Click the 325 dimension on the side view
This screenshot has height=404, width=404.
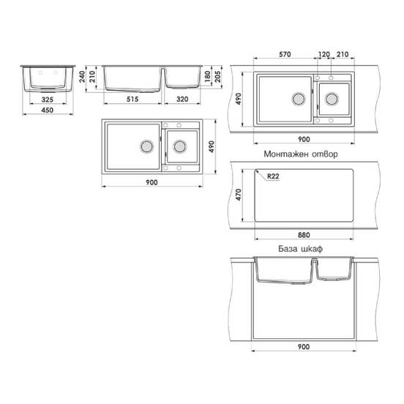pyautogui.click(x=48, y=100)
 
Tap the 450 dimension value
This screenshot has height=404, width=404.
pyautogui.click(x=48, y=110)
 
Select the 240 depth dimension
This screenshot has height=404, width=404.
pyautogui.click(x=82, y=77)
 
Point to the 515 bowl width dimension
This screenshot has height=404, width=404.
pyautogui.click(x=132, y=99)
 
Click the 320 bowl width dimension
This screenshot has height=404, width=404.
pyautogui.click(x=182, y=99)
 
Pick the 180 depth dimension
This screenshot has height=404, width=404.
pyautogui.click(x=207, y=77)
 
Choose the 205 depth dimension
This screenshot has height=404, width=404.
pyautogui.click(x=218, y=77)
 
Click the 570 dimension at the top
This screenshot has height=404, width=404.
pyautogui.click(x=285, y=54)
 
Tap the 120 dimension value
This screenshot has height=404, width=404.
pyautogui.click(x=324, y=54)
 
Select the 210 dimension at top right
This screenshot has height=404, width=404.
pyautogui.click(x=343, y=54)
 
